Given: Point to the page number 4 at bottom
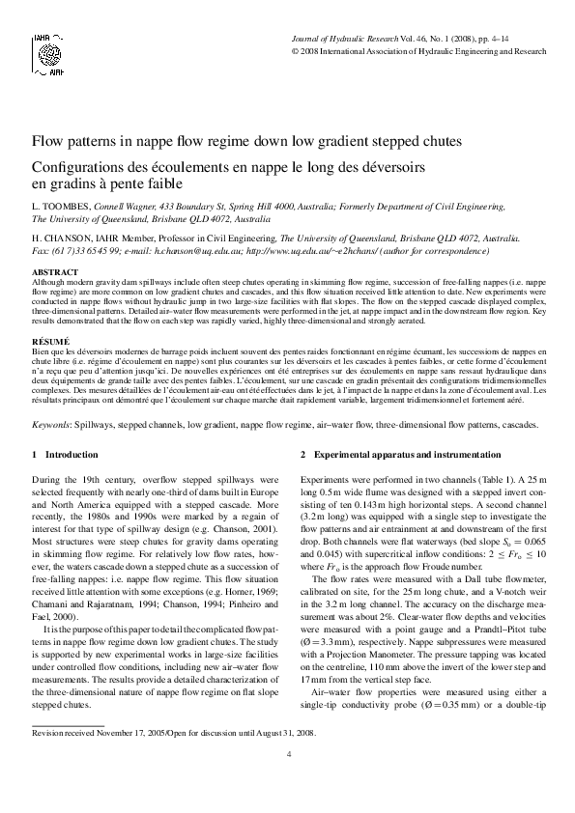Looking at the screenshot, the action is click(288, 780).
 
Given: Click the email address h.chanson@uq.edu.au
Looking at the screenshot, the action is click(189, 249).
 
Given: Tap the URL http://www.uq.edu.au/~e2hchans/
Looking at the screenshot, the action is click(313, 249).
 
